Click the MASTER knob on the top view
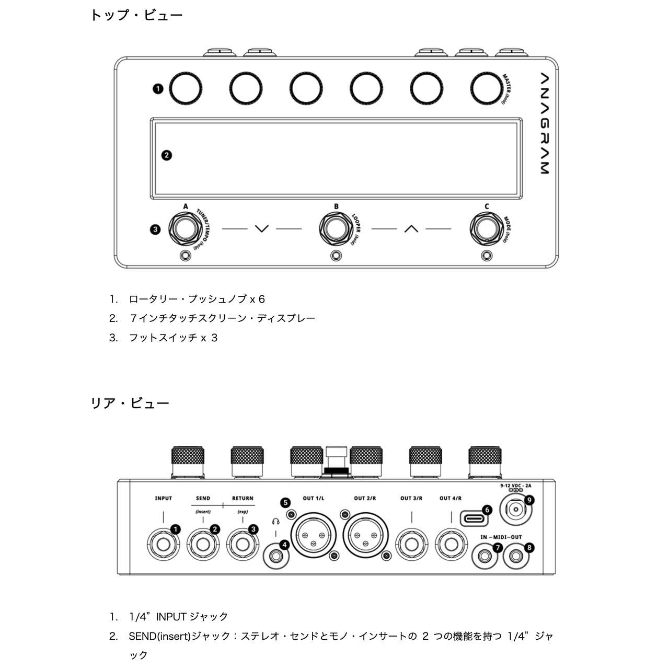point(485,88)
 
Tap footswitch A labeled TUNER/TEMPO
point(185,229)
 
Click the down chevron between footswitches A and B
point(262,228)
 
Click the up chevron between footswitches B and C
point(411,228)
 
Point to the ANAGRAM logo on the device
point(544,123)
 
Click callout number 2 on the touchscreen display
point(167,155)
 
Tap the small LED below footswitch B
point(336,256)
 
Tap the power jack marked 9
point(516,508)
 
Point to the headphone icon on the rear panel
point(275,521)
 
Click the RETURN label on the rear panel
point(243,499)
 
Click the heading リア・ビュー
point(130,403)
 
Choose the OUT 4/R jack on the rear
point(451,544)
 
